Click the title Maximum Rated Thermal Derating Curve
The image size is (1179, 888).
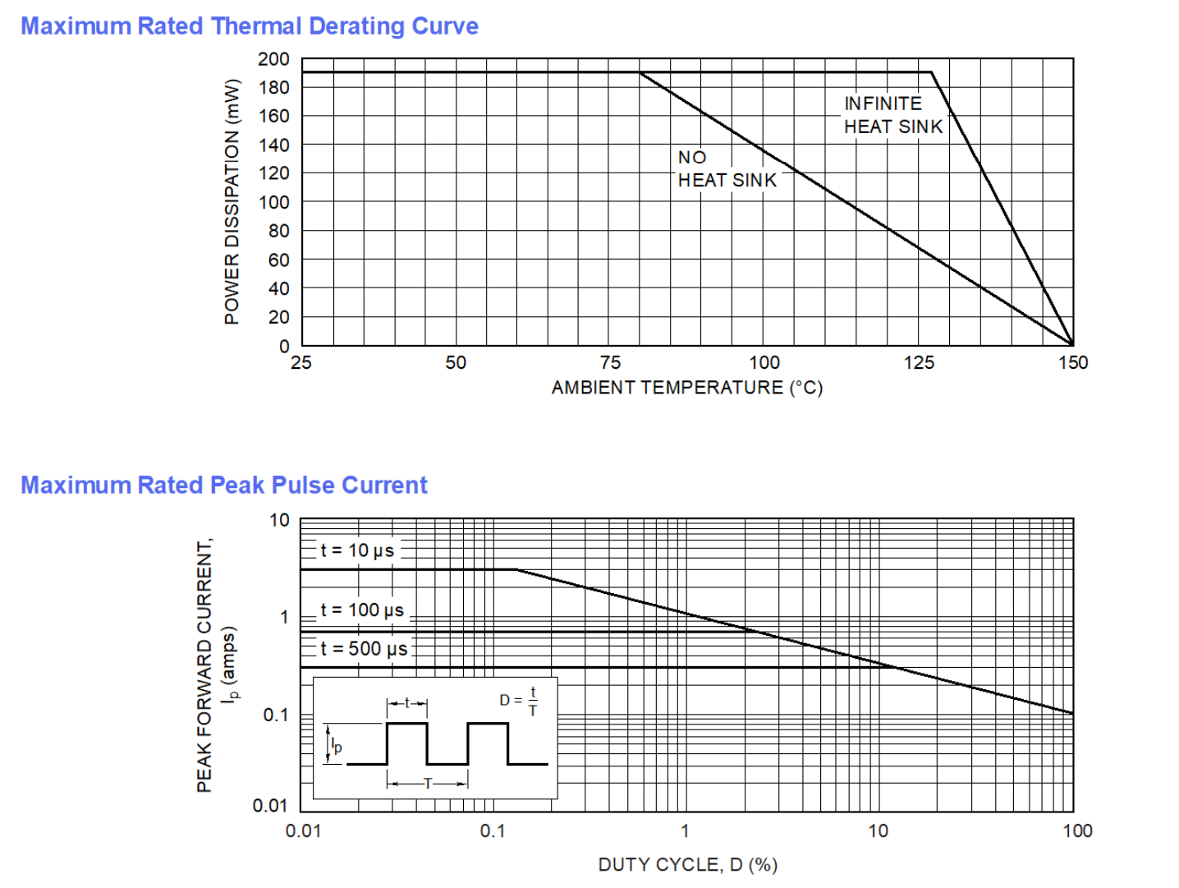pyautogui.click(x=250, y=26)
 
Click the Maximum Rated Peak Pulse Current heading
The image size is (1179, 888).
pyautogui.click(x=224, y=485)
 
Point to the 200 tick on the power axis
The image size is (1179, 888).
pyautogui.click(x=273, y=59)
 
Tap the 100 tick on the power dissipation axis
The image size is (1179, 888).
pyautogui.click(x=273, y=202)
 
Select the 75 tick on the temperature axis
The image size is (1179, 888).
pyautogui.click(x=610, y=363)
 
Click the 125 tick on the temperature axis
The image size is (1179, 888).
pyautogui.click(x=919, y=363)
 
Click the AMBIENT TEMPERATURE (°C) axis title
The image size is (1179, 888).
pyautogui.click(x=686, y=388)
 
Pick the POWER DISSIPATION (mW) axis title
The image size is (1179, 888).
pyautogui.click(x=232, y=202)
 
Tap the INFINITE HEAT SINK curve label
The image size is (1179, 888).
pyautogui.click(x=892, y=115)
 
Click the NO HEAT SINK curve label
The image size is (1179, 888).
pyautogui.click(x=727, y=169)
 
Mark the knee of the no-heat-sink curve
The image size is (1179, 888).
pyautogui.click(x=640, y=73)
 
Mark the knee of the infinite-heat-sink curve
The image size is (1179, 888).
pyautogui.click(x=932, y=73)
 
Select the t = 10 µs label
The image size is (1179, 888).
pyautogui.click(x=357, y=550)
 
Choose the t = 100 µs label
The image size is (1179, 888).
pyautogui.click(x=362, y=610)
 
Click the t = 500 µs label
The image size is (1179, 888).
pyautogui.click(x=364, y=649)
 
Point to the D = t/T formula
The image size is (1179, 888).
pyautogui.click(x=519, y=701)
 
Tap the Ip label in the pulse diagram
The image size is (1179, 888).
pyautogui.click(x=337, y=746)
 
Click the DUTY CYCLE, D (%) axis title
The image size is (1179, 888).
pyautogui.click(x=687, y=864)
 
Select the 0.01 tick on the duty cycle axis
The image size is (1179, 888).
pyautogui.click(x=303, y=831)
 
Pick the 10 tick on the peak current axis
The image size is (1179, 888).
pyautogui.click(x=279, y=520)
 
